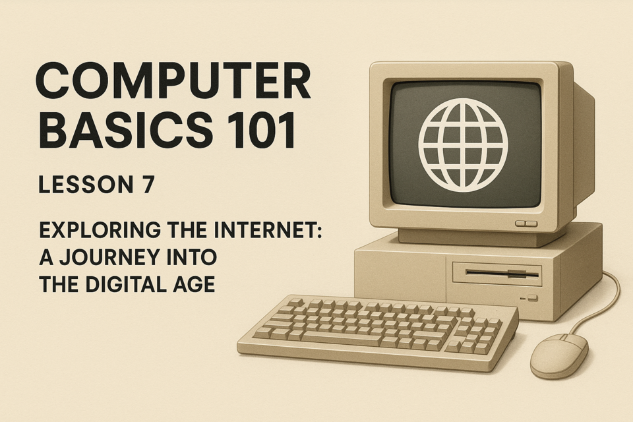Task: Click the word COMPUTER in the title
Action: [173, 81]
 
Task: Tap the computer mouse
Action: [559, 356]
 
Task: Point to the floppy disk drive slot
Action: [502, 274]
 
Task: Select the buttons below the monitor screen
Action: [526, 224]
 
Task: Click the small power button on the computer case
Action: [533, 298]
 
